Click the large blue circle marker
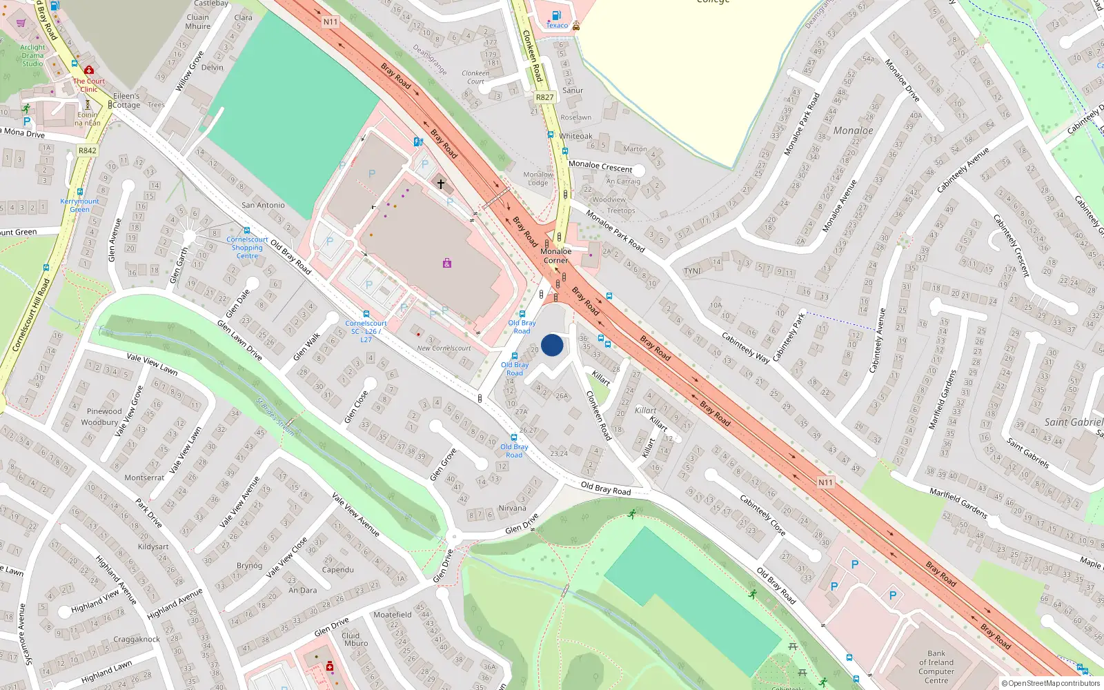click(x=552, y=345)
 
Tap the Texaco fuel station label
click(x=557, y=26)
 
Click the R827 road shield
click(x=544, y=97)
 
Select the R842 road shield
click(x=88, y=150)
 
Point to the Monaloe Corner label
click(x=555, y=256)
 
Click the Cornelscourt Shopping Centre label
click(x=247, y=248)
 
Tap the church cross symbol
click(x=441, y=184)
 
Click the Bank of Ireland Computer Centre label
click(x=936, y=667)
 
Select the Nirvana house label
click(x=512, y=508)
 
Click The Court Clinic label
click(x=89, y=85)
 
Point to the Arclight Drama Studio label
click(x=32, y=55)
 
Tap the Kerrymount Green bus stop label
click(x=79, y=205)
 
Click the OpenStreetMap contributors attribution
click(x=1051, y=683)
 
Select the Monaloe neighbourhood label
click(x=853, y=130)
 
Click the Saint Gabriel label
click(x=1073, y=422)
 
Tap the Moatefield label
click(x=392, y=614)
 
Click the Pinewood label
click(x=104, y=411)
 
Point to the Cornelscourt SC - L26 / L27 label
click(x=366, y=331)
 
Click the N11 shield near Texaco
click(x=331, y=22)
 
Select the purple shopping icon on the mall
click(x=447, y=263)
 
